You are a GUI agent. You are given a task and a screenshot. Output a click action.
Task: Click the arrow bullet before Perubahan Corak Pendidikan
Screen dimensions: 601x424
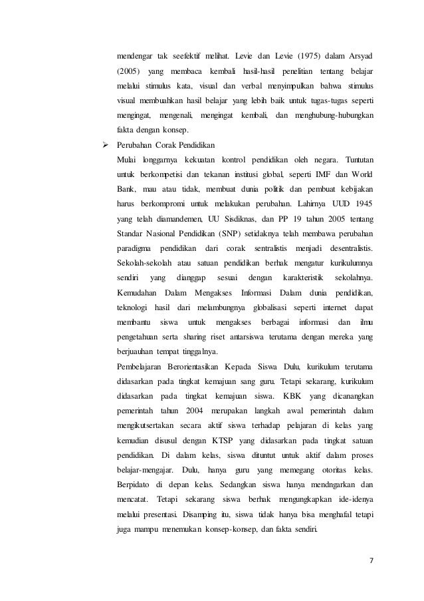[102, 143]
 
